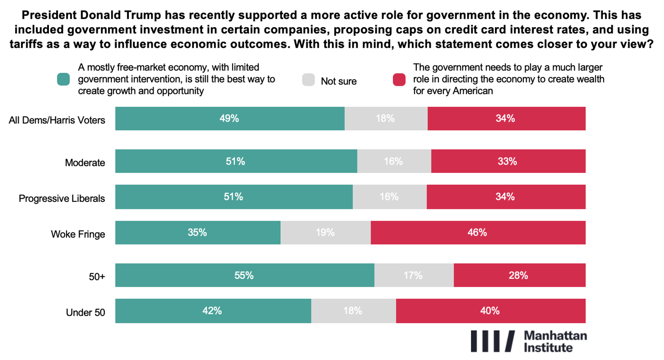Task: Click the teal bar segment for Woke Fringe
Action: (x=197, y=233)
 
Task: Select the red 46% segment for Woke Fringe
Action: (x=478, y=233)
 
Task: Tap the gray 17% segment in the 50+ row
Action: (x=414, y=275)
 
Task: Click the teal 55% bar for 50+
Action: (x=244, y=275)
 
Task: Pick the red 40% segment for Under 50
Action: (x=490, y=311)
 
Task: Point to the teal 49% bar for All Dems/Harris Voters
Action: (x=229, y=118)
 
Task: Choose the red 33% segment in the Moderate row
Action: (x=508, y=162)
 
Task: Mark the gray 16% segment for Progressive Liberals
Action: (x=389, y=197)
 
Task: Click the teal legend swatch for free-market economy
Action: (x=64, y=79)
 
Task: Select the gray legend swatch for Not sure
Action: (x=308, y=80)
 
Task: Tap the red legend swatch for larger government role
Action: (x=399, y=80)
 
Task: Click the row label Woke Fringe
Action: (x=78, y=234)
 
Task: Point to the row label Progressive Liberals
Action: (x=62, y=198)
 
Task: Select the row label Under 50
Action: (x=85, y=313)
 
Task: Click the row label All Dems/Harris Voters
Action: (x=57, y=121)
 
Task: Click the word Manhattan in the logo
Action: (x=555, y=336)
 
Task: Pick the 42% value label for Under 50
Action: (x=212, y=311)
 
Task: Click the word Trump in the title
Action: (x=142, y=15)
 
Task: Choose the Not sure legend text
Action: (x=338, y=81)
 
